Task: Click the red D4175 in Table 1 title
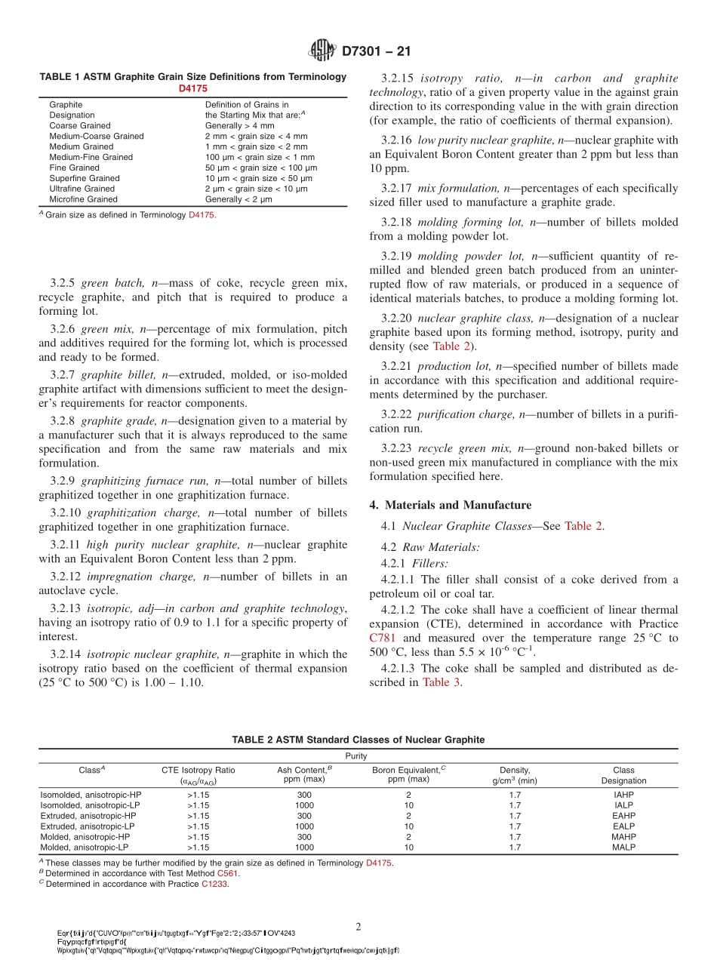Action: (192, 88)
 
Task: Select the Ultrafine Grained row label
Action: (82, 189)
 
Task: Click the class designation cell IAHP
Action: (623, 795)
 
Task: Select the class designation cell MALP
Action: (623, 848)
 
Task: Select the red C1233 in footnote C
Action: (214, 884)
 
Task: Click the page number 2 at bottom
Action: (358, 926)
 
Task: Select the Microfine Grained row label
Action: (83, 199)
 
